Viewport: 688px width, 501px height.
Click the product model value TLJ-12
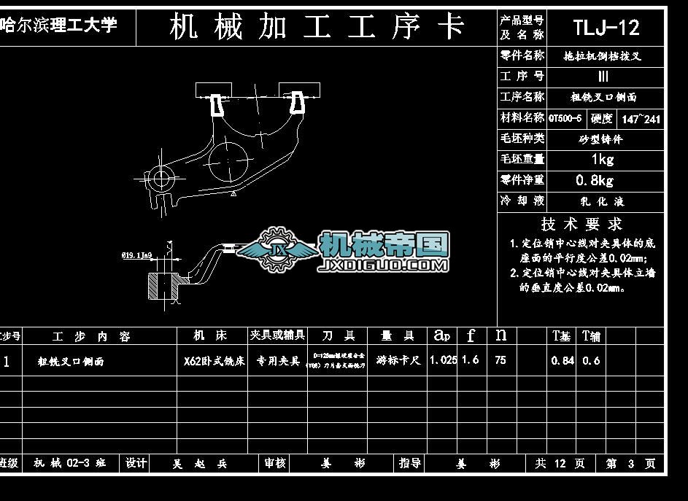tap(606, 28)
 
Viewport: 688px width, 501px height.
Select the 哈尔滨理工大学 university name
tap(59, 26)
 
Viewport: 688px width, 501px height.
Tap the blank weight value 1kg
tap(602, 159)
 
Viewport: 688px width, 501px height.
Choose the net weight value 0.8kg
tap(595, 180)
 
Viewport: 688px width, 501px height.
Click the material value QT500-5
tap(565, 118)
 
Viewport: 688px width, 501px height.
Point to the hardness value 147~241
tap(641, 119)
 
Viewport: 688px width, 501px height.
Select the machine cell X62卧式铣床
tap(214, 361)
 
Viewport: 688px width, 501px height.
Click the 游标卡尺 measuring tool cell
tap(398, 360)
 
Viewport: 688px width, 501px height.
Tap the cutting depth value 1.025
tap(443, 360)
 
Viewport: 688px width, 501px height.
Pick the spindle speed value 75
tap(500, 360)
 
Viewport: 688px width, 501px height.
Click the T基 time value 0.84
tap(563, 360)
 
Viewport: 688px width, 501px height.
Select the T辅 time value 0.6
tap(591, 360)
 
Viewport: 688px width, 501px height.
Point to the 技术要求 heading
tap(581, 225)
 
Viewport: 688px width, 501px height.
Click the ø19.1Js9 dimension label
tap(136, 256)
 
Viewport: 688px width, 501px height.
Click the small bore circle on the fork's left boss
tap(162, 176)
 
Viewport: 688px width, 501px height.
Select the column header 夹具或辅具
tap(277, 335)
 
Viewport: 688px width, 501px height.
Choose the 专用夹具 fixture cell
tap(277, 361)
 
